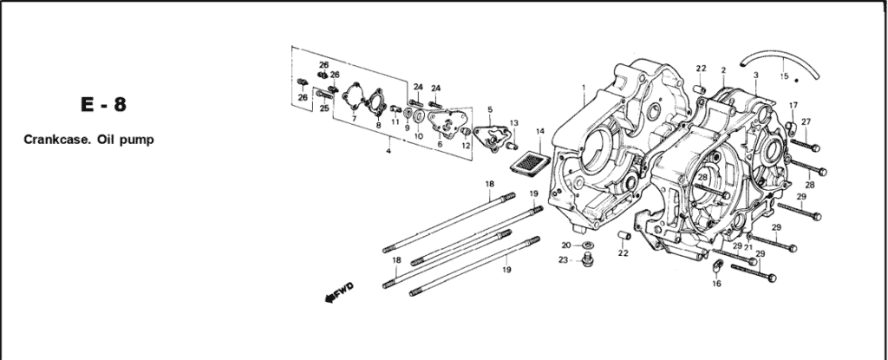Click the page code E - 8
[x=102, y=106]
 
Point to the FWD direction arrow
[x=335, y=296]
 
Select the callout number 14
[x=540, y=132]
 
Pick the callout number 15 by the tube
[x=784, y=76]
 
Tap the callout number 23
[x=563, y=260]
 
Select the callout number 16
[x=716, y=284]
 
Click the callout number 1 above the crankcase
[x=584, y=87]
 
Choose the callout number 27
[x=806, y=121]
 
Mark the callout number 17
[x=793, y=106]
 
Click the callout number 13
[x=514, y=123]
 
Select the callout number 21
[x=748, y=247]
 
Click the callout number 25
[x=323, y=108]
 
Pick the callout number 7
[x=354, y=118]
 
